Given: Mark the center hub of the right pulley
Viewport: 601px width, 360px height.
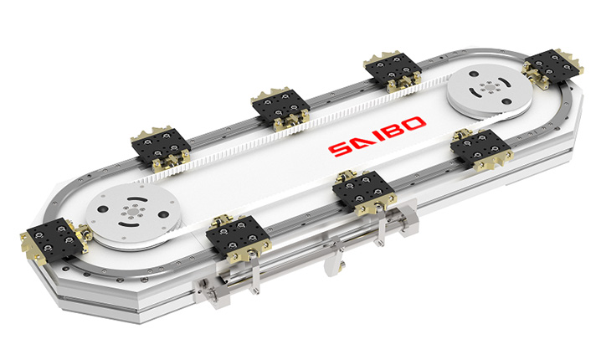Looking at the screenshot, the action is [x=489, y=87].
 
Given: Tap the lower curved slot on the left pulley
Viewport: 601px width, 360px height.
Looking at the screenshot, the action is [x=128, y=224].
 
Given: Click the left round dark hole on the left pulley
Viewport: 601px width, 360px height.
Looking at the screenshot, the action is [x=102, y=209].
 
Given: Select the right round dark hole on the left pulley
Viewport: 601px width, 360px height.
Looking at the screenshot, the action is [x=162, y=214].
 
